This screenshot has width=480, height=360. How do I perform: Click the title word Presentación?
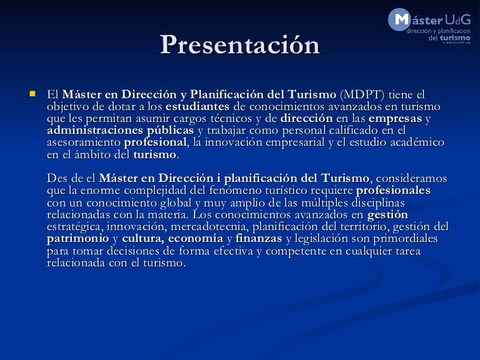click(x=240, y=45)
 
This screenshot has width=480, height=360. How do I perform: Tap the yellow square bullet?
click(x=32, y=94)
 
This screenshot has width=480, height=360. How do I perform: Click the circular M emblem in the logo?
click(x=399, y=19)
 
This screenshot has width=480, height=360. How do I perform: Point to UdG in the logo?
click(x=458, y=20)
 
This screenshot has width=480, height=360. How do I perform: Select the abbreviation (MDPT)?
click(x=362, y=94)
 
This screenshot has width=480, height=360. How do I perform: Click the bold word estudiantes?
click(x=197, y=107)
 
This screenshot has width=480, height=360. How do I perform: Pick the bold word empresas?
click(x=395, y=119)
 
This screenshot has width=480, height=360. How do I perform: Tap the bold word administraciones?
click(x=95, y=131)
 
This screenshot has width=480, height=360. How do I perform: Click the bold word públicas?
click(x=171, y=131)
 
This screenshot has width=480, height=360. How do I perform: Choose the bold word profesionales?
click(x=394, y=191)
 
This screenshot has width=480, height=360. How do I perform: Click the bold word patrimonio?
click(x=78, y=239)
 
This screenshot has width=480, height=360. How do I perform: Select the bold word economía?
click(x=196, y=239)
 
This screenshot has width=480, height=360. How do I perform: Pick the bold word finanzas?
click(x=258, y=239)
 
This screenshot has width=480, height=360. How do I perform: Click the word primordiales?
click(x=405, y=239)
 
